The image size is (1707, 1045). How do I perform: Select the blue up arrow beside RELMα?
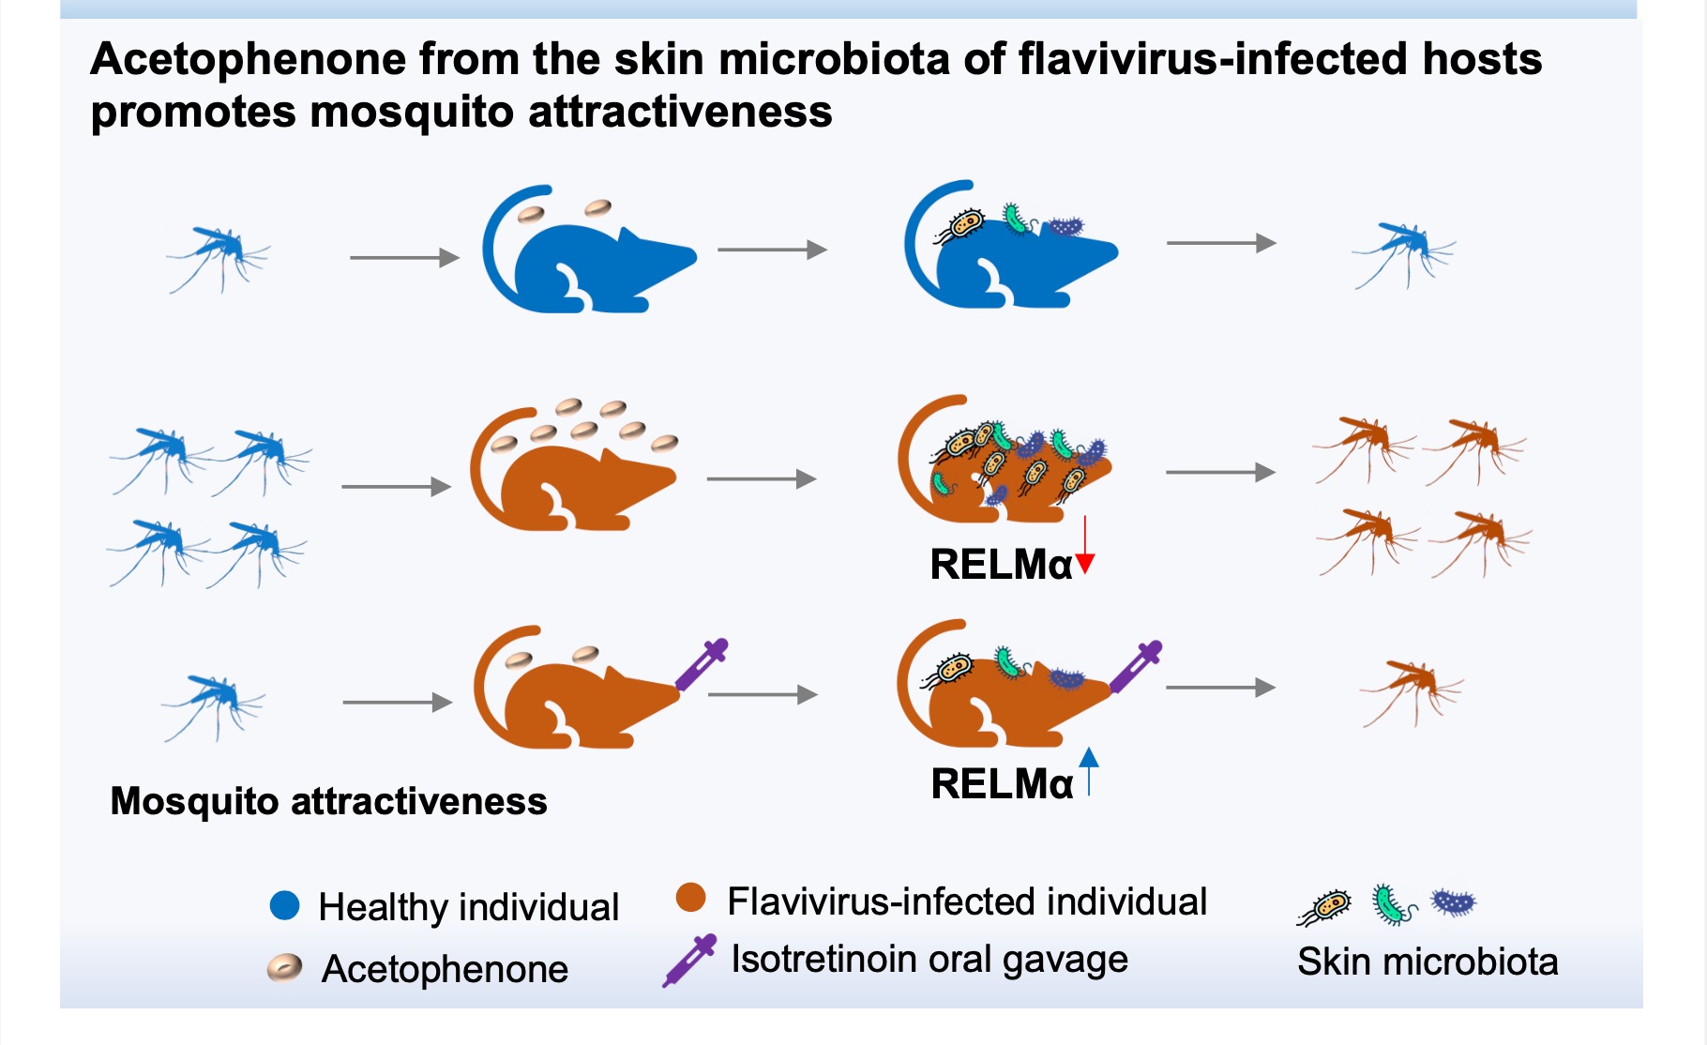click(x=1089, y=771)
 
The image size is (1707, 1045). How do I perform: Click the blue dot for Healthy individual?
click(x=284, y=905)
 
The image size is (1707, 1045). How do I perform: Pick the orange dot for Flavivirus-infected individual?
click(x=691, y=898)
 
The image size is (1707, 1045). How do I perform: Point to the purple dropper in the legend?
click(x=689, y=960)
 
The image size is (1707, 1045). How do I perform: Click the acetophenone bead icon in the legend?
click(x=284, y=967)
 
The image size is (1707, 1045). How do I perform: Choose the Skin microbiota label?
click(x=1427, y=962)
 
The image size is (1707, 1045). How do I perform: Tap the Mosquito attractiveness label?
click(x=328, y=801)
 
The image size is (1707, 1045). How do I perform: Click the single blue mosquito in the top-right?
click(x=1402, y=251)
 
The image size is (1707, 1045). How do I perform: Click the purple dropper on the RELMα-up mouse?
click(x=1136, y=666)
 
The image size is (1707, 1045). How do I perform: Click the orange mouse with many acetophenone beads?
click(x=572, y=474)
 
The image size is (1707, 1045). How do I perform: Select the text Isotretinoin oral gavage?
click(x=929, y=959)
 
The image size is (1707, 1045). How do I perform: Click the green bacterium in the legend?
click(x=1391, y=904)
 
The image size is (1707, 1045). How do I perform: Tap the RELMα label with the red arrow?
click(x=1001, y=565)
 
